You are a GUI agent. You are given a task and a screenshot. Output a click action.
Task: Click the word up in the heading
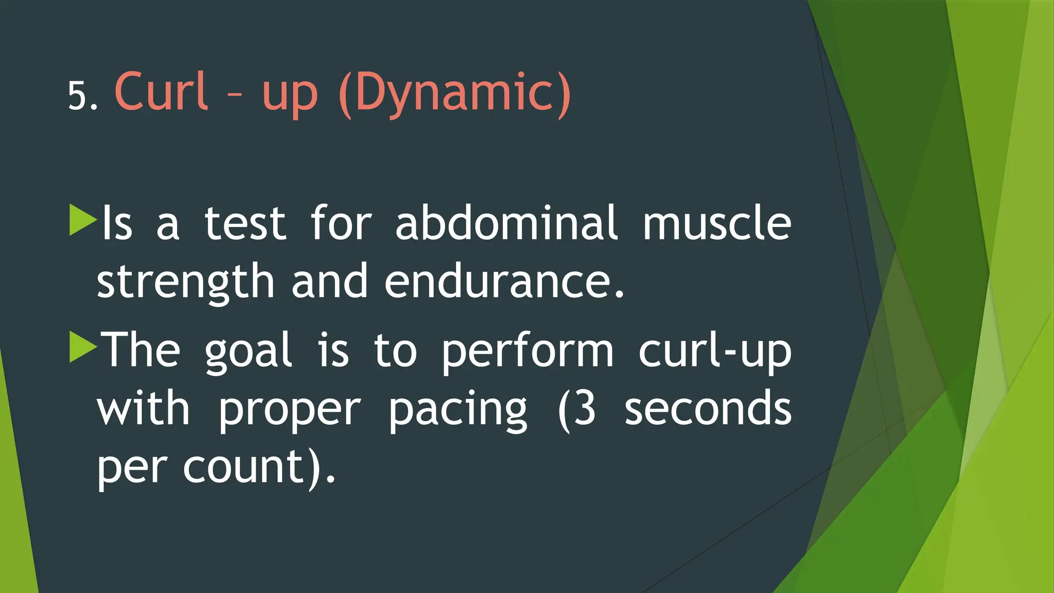click(x=290, y=96)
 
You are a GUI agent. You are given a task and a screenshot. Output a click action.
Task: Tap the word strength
click(x=186, y=282)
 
